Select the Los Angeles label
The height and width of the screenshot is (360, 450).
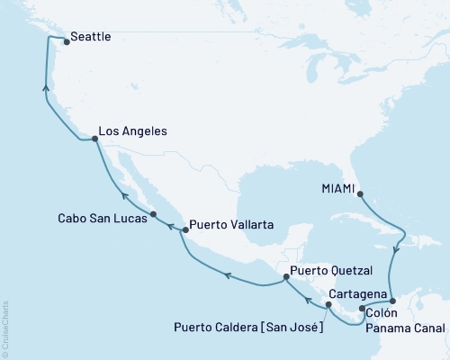(x=132, y=131)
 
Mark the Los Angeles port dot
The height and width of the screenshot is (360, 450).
(x=95, y=139)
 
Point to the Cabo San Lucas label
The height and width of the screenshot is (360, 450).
(x=97, y=218)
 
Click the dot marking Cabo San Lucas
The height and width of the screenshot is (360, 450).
(x=154, y=214)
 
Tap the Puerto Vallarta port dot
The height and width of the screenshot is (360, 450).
(x=185, y=230)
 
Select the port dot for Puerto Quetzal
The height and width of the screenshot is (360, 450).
(x=286, y=278)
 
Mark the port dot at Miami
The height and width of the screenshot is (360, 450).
(x=359, y=192)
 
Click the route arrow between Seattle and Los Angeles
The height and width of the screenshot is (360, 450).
(x=45, y=87)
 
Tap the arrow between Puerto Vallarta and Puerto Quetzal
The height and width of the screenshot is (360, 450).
(x=228, y=277)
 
